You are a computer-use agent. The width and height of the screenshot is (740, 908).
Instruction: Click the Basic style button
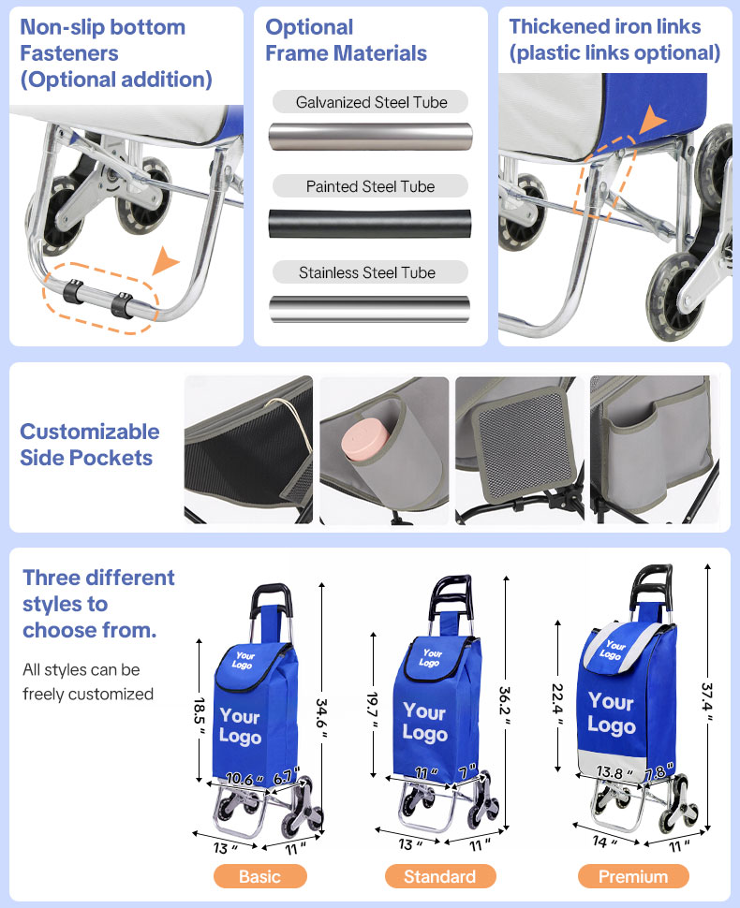coord(259,876)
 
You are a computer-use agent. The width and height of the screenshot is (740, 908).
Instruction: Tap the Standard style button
coord(439,876)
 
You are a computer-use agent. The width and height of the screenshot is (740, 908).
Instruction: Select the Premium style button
coord(633,876)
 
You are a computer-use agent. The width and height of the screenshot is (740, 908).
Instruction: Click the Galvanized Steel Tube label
coord(371,102)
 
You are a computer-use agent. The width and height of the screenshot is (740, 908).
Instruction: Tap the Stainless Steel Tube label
coord(367,272)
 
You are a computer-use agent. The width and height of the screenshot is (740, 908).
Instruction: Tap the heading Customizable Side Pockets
coord(90,445)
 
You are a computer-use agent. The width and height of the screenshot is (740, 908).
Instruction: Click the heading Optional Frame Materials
coord(346,40)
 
